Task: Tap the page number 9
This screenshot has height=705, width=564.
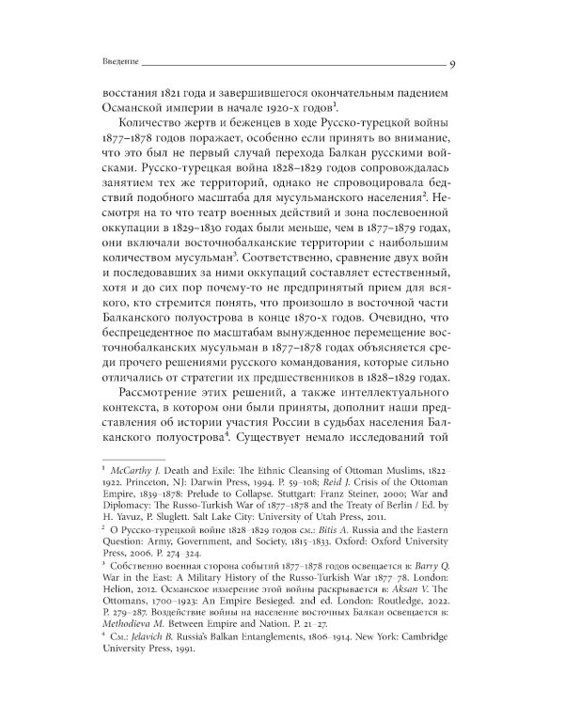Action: [453, 62]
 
